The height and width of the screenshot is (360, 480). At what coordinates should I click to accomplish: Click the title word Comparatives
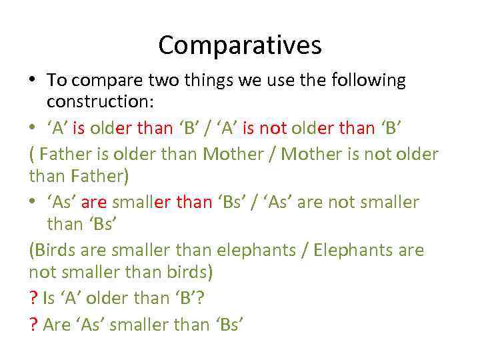pos(240,45)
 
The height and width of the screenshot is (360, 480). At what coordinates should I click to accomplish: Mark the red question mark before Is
pos(33,297)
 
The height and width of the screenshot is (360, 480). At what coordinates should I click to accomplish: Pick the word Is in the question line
pos(49,297)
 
